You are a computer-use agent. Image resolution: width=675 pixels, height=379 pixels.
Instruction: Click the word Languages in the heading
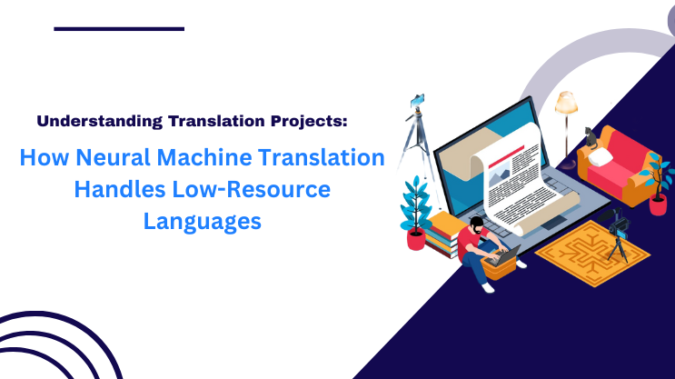pos(202,220)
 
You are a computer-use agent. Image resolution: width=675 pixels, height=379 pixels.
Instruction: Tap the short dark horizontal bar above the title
pos(118,28)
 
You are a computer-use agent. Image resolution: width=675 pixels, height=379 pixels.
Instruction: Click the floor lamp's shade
pos(566,102)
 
